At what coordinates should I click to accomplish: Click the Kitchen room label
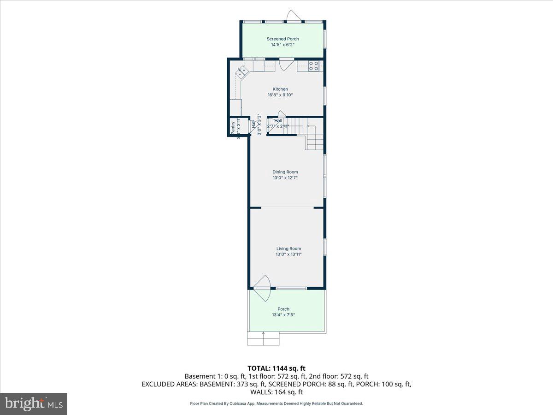[280, 89]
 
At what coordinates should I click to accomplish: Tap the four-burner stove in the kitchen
[313, 66]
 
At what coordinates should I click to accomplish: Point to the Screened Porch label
[282, 39]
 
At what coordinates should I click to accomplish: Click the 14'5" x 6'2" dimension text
[282, 45]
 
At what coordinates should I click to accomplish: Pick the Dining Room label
[285, 172]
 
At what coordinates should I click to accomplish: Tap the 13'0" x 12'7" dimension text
[285, 178]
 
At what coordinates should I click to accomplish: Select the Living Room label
[288, 249]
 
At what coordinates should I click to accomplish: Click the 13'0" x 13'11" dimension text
[288, 254]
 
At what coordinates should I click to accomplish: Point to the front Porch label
[283, 309]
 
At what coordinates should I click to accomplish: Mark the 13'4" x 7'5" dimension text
[283, 315]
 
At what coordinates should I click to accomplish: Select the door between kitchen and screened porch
[286, 64]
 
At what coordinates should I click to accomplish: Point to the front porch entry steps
[264, 339]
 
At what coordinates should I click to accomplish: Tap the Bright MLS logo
[34, 404]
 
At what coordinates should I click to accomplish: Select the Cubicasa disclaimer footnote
[276, 403]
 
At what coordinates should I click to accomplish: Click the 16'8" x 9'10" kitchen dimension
[280, 95]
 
